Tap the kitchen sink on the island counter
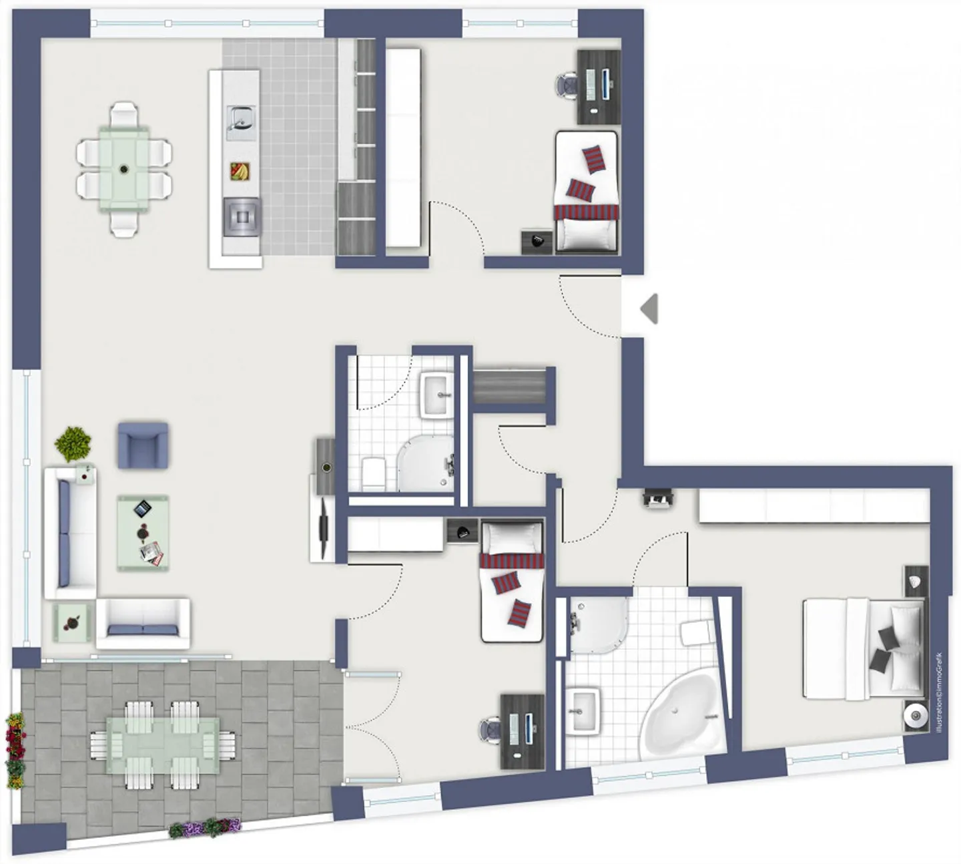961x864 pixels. tap(241, 122)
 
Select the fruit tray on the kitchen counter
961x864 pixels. tap(240, 172)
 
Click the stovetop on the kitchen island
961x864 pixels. tap(242, 217)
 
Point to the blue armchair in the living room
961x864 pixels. tap(143, 445)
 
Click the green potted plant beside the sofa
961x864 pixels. tap(73, 444)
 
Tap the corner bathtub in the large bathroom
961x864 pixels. tap(681, 716)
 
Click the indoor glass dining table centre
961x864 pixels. tap(124, 168)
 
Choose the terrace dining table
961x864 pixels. tap(163, 746)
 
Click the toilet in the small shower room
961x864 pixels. tap(373, 473)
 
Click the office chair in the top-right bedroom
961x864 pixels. tap(567, 85)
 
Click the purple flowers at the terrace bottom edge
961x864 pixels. tap(205, 828)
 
